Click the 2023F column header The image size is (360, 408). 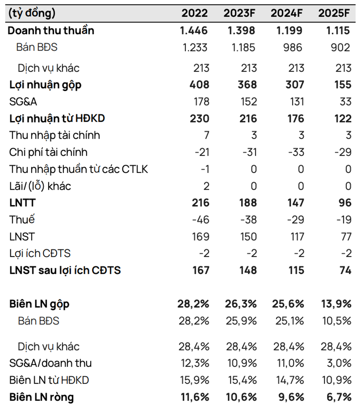(x=239, y=13)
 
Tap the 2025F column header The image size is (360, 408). (x=334, y=13)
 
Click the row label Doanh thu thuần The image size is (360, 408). (x=51, y=30)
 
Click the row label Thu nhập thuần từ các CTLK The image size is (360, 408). (x=78, y=169)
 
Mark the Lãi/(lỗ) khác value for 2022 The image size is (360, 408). (x=206, y=186)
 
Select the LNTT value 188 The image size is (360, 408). (x=247, y=203)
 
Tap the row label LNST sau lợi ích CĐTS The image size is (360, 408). (x=65, y=270)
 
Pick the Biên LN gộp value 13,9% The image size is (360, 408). (x=335, y=304)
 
